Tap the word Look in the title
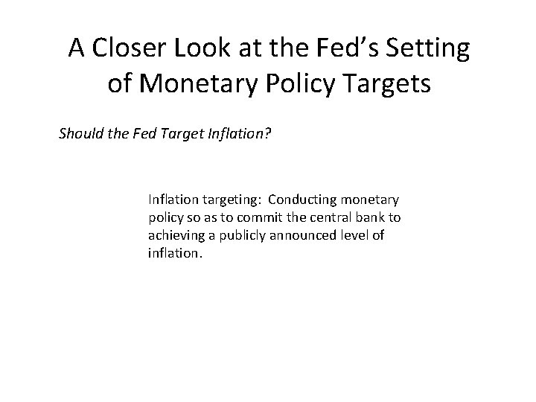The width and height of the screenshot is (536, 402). point(197,48)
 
